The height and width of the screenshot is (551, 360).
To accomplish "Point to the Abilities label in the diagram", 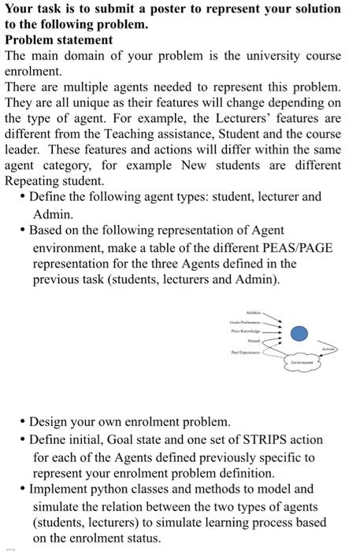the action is coord(254,312).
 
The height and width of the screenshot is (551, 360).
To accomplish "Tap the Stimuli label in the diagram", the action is coord(254,342).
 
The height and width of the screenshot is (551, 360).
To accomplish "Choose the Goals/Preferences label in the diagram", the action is coord(244,323).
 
